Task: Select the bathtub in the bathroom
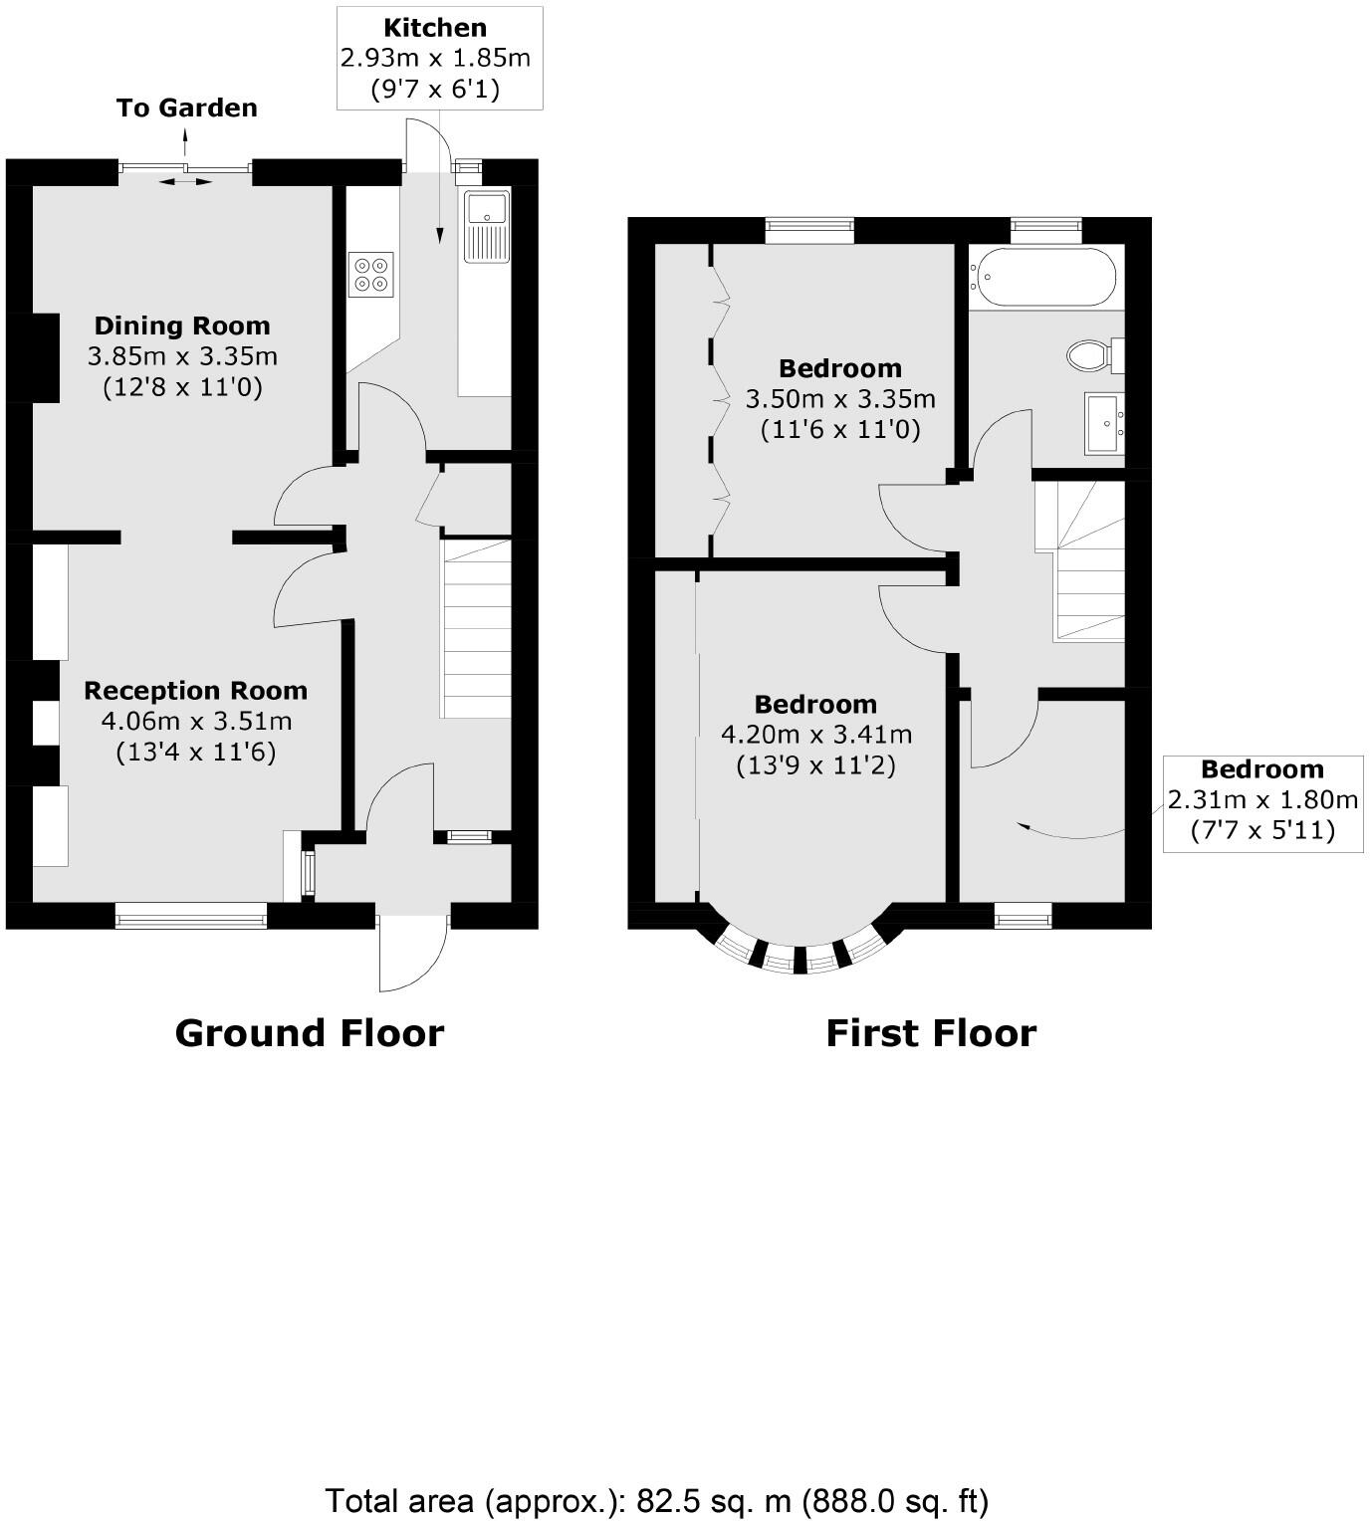coord(1044,277)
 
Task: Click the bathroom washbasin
coord(1105,423)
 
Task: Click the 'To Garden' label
coord(187,108)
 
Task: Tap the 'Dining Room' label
coord(182,326)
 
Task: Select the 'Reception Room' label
coord(195,691)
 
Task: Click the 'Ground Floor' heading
coord(309,1033)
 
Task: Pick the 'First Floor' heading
coord(931,1033)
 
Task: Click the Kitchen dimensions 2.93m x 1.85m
coord(435,58)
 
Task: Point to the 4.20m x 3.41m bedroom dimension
coord(816,735)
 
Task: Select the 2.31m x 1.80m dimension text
coord(1262,799)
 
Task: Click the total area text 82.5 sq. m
coord(656,1499)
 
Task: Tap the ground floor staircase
coord(477,629)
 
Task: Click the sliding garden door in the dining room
coord(186,170)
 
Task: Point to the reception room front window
coord(191,916)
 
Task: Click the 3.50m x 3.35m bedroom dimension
coord(840,399)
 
